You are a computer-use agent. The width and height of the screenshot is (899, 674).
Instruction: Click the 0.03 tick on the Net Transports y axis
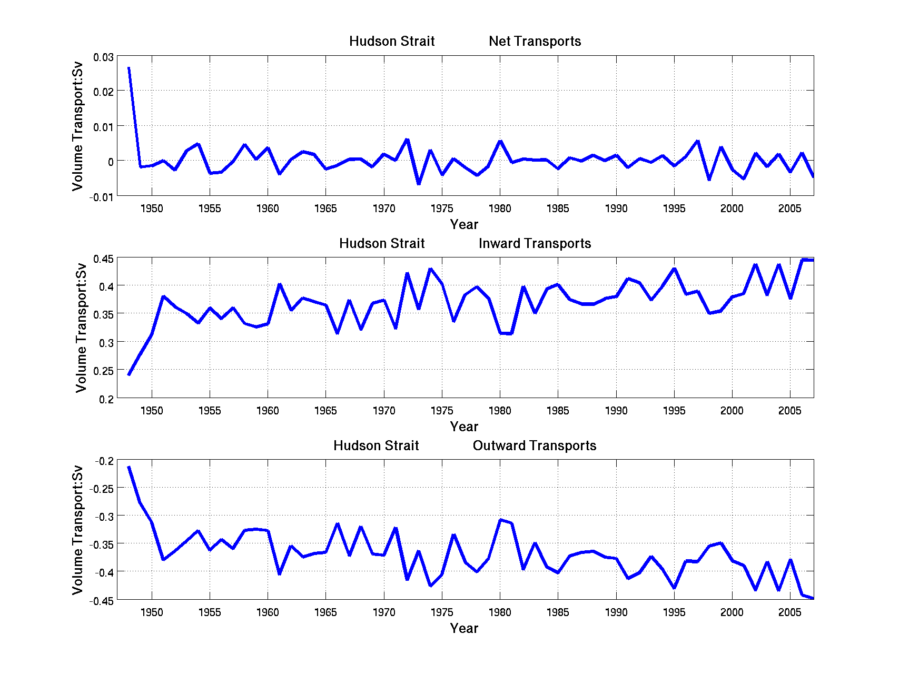(x=103, y=57)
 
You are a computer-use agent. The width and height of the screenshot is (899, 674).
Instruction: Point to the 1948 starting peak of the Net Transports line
(x=129, y=68)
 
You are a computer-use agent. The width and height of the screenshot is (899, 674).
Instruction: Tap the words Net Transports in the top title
(x=535, y=41)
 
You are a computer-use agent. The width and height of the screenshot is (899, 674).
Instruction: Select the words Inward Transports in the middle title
(x=535, y=243)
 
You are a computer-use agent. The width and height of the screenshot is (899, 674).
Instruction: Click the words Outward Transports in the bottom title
(x=535, y=445)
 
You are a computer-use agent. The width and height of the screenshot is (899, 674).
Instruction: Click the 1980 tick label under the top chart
(x=500, y=209)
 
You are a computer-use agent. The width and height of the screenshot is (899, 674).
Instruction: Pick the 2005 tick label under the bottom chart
(x=789, y=612)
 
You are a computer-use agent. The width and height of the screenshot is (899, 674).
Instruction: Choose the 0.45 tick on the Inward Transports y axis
(x=103, y=259)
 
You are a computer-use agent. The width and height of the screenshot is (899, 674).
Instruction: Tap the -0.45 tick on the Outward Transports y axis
(x=101, y=601)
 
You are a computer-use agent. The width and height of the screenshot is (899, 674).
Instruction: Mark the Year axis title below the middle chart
(x=464, y=427)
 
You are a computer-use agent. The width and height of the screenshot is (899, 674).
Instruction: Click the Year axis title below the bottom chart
(x=464, y=628)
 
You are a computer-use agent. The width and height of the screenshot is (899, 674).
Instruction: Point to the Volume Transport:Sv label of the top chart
(x=78, y=126)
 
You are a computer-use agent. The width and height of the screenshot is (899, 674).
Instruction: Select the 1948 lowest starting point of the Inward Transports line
(x=129, y=374)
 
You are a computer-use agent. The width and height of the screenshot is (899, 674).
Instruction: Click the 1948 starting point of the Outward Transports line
(x=129, y=467)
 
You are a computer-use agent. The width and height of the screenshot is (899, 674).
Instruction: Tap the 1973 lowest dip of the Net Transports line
(x=419, y=184)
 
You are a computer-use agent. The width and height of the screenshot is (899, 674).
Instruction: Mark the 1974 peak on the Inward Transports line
(x=430, y=269)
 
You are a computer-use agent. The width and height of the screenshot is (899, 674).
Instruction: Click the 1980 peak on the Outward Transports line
(x=500, y=520)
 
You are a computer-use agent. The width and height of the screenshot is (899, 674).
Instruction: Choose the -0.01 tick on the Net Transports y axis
(x=101, y=197)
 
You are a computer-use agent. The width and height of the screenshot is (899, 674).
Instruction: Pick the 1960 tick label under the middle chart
(x=268, y=411)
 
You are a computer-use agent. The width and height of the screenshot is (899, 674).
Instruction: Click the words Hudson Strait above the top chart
(x=392, y=41)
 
